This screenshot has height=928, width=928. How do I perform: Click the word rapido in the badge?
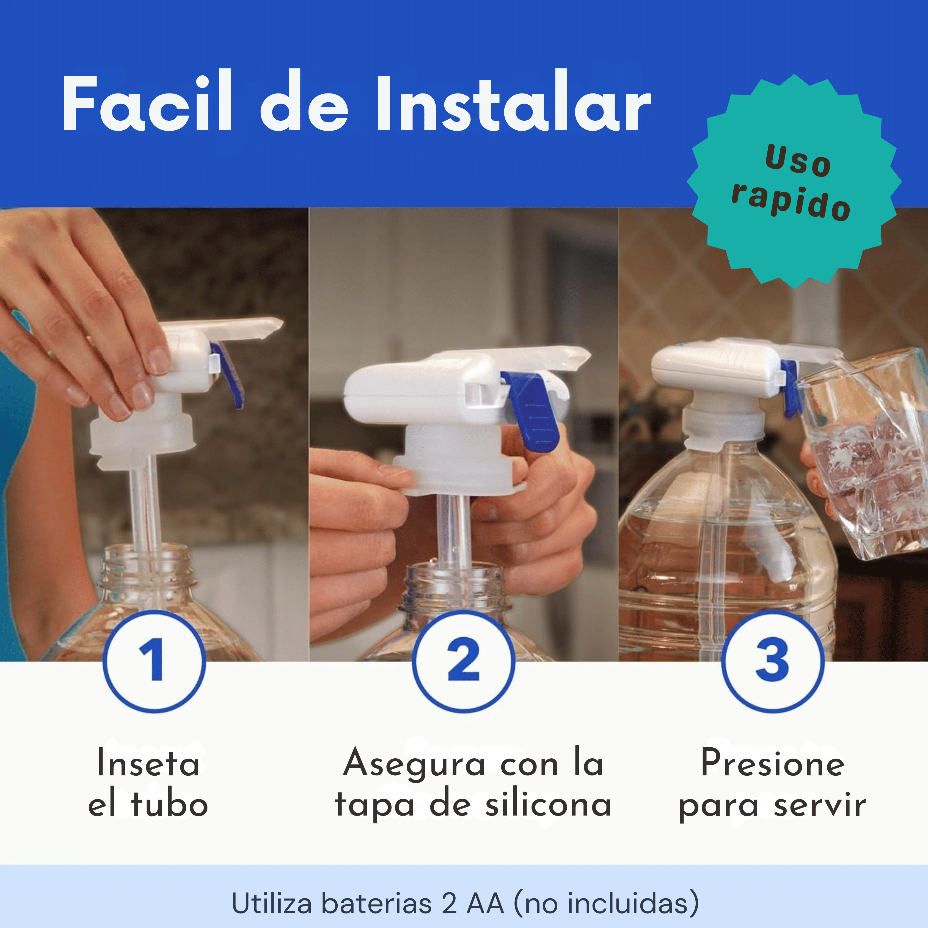click(x=791, y=202)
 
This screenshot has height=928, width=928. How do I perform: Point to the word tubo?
click(x=169, y=805)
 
